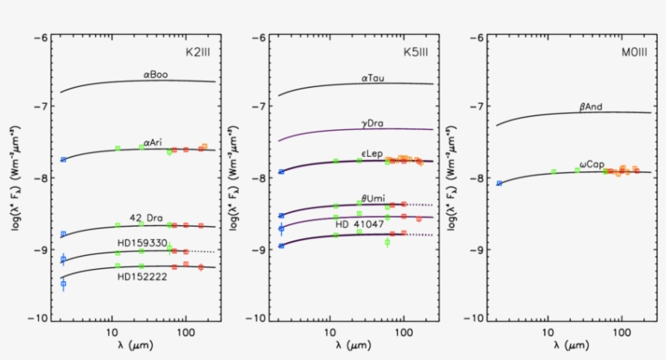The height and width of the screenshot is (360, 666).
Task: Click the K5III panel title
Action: [416, 50]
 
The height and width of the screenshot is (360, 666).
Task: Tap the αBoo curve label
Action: [155, 75]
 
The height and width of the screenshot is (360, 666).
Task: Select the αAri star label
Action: [151, 143]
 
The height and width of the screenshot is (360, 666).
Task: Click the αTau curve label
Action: [374, 79]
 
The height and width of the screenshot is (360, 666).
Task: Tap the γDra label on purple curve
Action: [373, 124]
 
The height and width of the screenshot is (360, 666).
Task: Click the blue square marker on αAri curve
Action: [63, 160]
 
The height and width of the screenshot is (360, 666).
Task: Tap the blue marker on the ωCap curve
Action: [500, 184]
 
